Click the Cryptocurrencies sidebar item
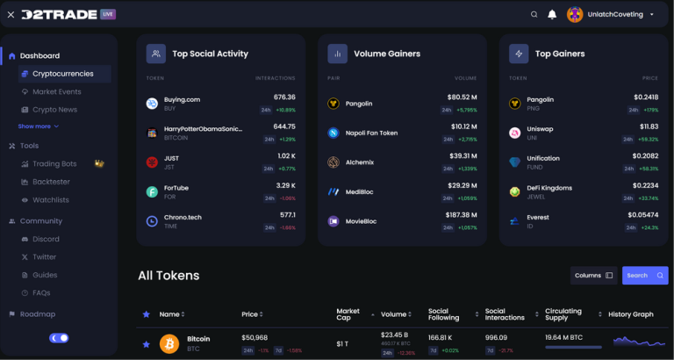[64, 74]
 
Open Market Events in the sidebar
[56, 91]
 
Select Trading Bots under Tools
[54, 163]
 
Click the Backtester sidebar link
[51, 182]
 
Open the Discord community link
[46, 239]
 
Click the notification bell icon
[552, 15]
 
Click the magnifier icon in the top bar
[534, 15]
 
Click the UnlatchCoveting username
[615, 15]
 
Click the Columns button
[594, 276]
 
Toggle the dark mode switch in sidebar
[59, 337]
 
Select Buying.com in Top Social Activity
[183, 99]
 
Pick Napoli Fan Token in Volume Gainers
[371, 133]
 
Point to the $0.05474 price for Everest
[642, 215]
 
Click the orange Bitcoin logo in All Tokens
[168, 343]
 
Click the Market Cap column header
[348, 313]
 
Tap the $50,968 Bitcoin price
[255, 338]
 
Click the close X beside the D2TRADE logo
[11, 15]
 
